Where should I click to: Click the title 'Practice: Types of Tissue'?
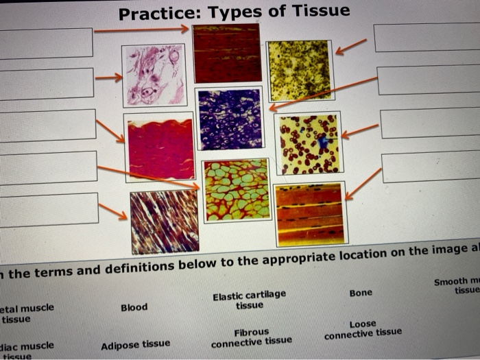pyautogui.click(x=234, y=12)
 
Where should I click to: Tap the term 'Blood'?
pyautogui.click(x=134, y=307)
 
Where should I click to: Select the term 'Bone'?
pyautogui.click(x=361, y=293)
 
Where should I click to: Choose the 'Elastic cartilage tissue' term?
pyautogui.click(x=249, y=300)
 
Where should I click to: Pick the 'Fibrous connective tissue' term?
pyautogui.click(x=251, y=337)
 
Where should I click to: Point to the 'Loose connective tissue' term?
pyautogui.click(x=363, y=330)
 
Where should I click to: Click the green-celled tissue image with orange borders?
pyautogui.click(x=237, y=190)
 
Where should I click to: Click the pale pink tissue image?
pyautogui.click(x=154, y=75)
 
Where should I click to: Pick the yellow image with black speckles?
pyautogui.click(x=300, y=70)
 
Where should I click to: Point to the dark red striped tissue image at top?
pyautogui.click(x=226, y=53)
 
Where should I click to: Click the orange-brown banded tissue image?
pyautogui.click(x=309, y=214)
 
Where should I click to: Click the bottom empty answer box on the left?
pyautogui.click(x=48, y=210)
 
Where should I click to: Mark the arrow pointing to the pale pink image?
pyautogui.click(x=108, y=77)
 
